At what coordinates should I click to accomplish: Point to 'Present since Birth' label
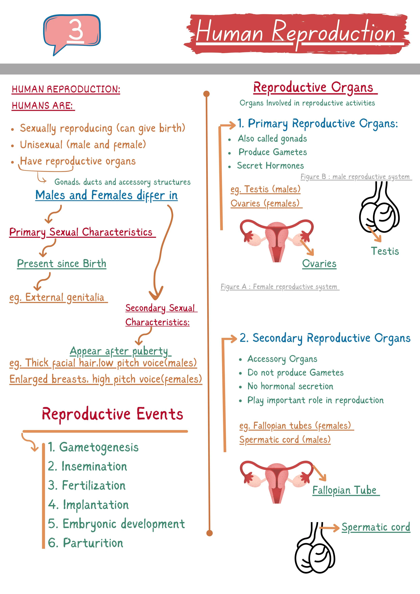62,264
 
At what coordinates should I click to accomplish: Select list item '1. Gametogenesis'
93,447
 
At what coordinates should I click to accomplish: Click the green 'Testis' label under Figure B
385,251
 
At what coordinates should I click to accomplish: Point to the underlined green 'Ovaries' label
319,264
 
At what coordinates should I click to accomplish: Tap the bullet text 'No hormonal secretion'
290,386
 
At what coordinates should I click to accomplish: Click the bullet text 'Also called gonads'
272,139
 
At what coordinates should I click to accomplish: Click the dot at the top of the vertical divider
206,94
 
